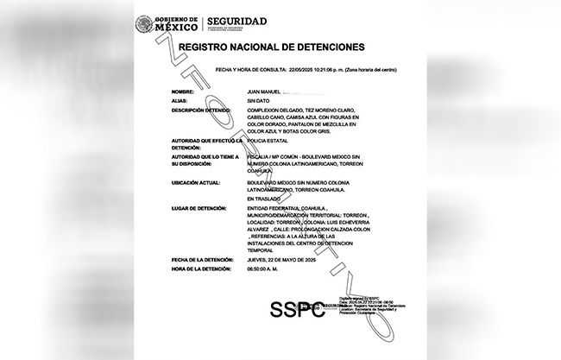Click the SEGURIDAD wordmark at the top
click(x=236, y=21)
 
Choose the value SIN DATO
click(x=259, y=101)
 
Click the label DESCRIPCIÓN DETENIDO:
click(x=202, y=111)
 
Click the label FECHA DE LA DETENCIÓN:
click(x=204, y=260)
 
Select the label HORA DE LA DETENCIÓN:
click(x=203, y=269)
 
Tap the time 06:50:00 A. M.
click(x=266, y=269)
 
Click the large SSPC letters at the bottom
click(x=299, y=309)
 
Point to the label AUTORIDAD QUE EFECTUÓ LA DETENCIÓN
click(x=206, y=142)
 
